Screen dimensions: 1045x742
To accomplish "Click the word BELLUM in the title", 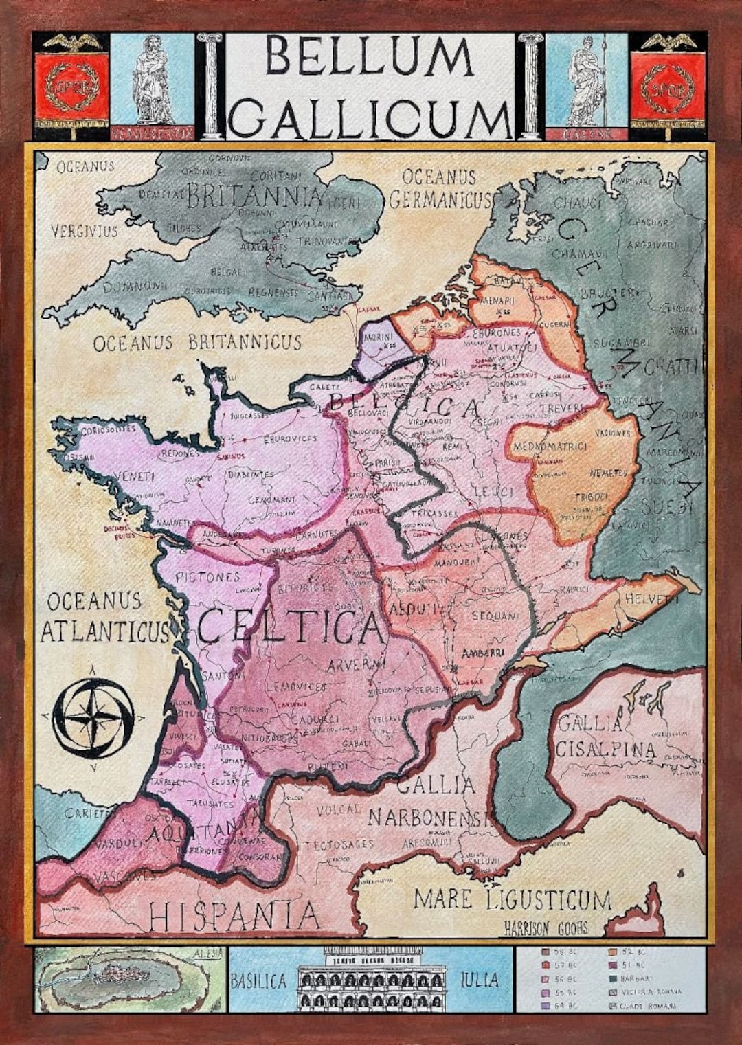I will (x=370, y=56).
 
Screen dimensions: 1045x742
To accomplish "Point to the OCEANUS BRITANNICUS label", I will (x=197, y=342).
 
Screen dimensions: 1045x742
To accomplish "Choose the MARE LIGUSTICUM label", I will (x=512, y=899).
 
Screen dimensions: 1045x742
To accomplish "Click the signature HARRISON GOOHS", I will (x=546, y=928).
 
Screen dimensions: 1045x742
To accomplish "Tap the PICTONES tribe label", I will (x=207, y=577).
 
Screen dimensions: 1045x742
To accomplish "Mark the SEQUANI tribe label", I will (x=495, y=616).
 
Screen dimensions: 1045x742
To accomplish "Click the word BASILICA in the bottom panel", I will (x=258, y=980).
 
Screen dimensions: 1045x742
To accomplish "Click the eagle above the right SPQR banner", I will (x=668, y=43).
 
